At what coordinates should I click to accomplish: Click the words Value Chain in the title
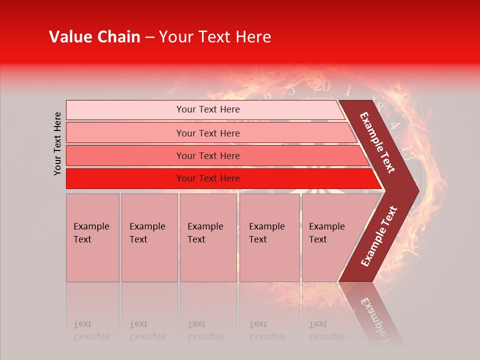point(94,37)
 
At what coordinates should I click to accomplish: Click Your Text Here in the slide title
point(215,37)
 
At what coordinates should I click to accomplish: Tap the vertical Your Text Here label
point(57,143)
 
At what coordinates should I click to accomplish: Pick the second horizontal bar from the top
point(207,133)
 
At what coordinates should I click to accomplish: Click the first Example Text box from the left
point(92,237)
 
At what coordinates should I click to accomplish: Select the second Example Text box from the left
point(149,237)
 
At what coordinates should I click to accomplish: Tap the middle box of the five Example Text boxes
point(208,237)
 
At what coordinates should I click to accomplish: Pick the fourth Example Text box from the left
point(269,237)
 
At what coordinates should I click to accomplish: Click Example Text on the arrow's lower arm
point(379,236)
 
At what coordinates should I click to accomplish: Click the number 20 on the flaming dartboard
point(322,86)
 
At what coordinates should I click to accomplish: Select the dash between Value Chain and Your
point(149,37)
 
